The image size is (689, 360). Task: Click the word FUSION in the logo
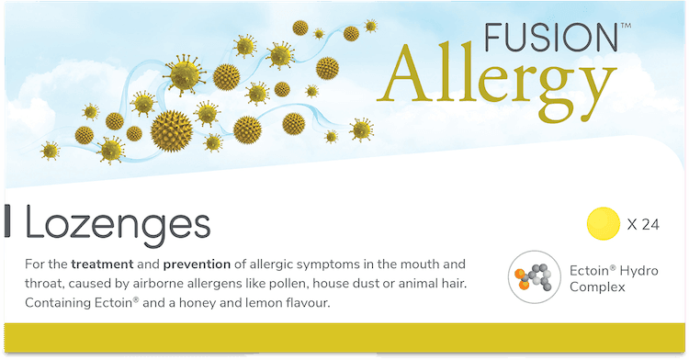549,37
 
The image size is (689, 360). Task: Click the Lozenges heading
118,222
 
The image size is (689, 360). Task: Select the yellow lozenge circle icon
603,224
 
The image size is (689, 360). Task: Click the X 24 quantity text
644,224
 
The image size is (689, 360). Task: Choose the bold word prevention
199,264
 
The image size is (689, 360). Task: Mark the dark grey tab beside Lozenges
7,221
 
